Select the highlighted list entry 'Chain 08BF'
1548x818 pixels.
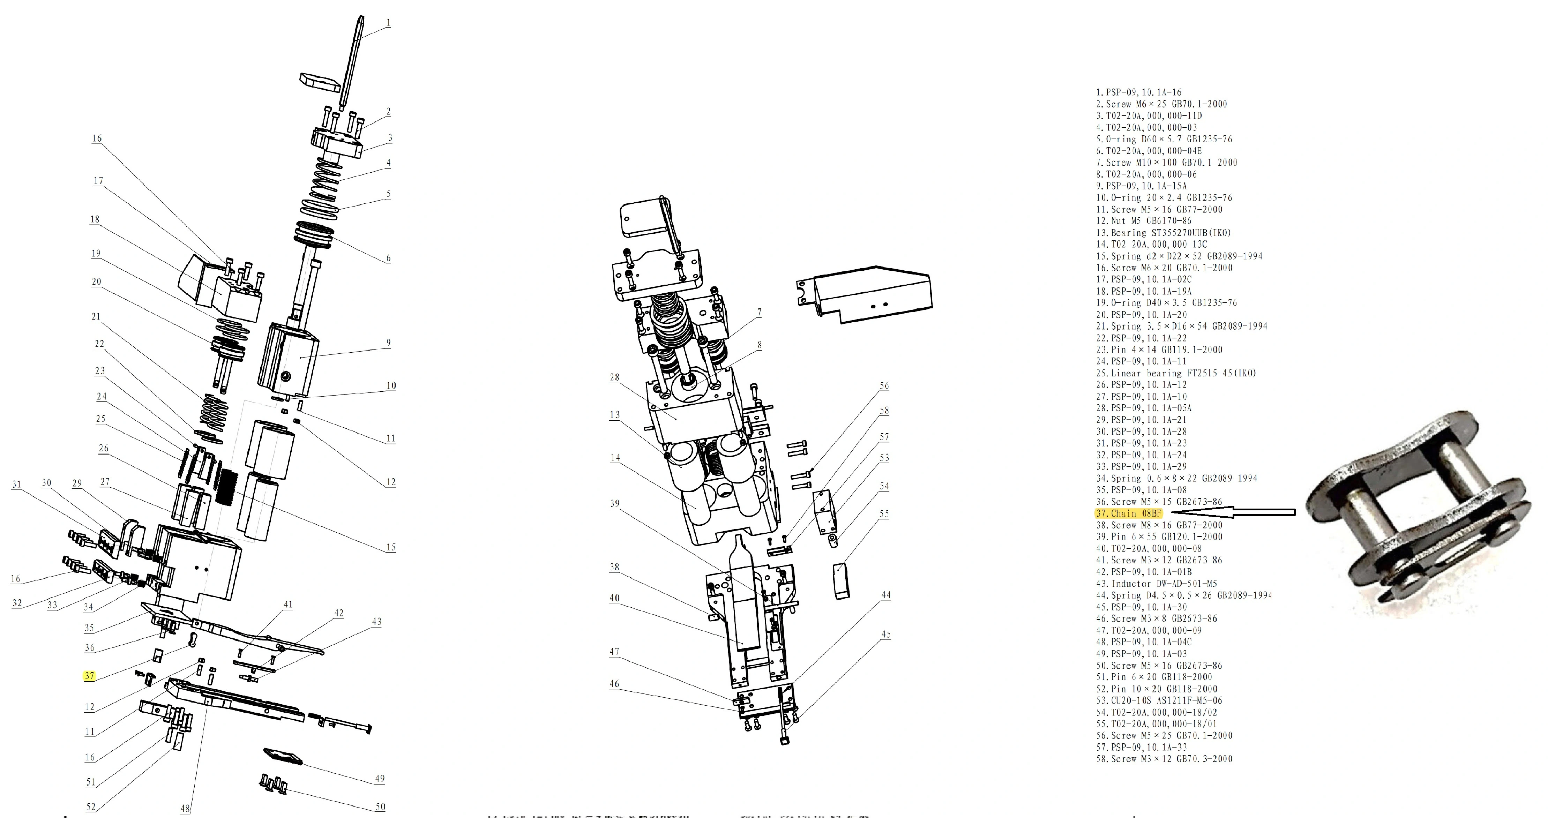[x=1129, y=513]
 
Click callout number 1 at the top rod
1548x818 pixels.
[x=389, y=23]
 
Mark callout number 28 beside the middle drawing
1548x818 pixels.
[x=614, y=377]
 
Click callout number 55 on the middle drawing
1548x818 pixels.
[x=884, y=514]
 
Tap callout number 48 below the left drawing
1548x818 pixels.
[x=186, y=808]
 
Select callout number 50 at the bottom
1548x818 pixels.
[x=380, y=806]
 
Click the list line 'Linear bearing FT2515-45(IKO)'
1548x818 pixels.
[x=1175, y=373]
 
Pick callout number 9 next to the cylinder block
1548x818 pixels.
[x=389, y=343]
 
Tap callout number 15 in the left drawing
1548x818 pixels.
[x=391, y=547]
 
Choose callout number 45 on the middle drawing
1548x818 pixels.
[x=886, y=634]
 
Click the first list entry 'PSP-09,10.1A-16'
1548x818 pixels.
[x=1139, y=92]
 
